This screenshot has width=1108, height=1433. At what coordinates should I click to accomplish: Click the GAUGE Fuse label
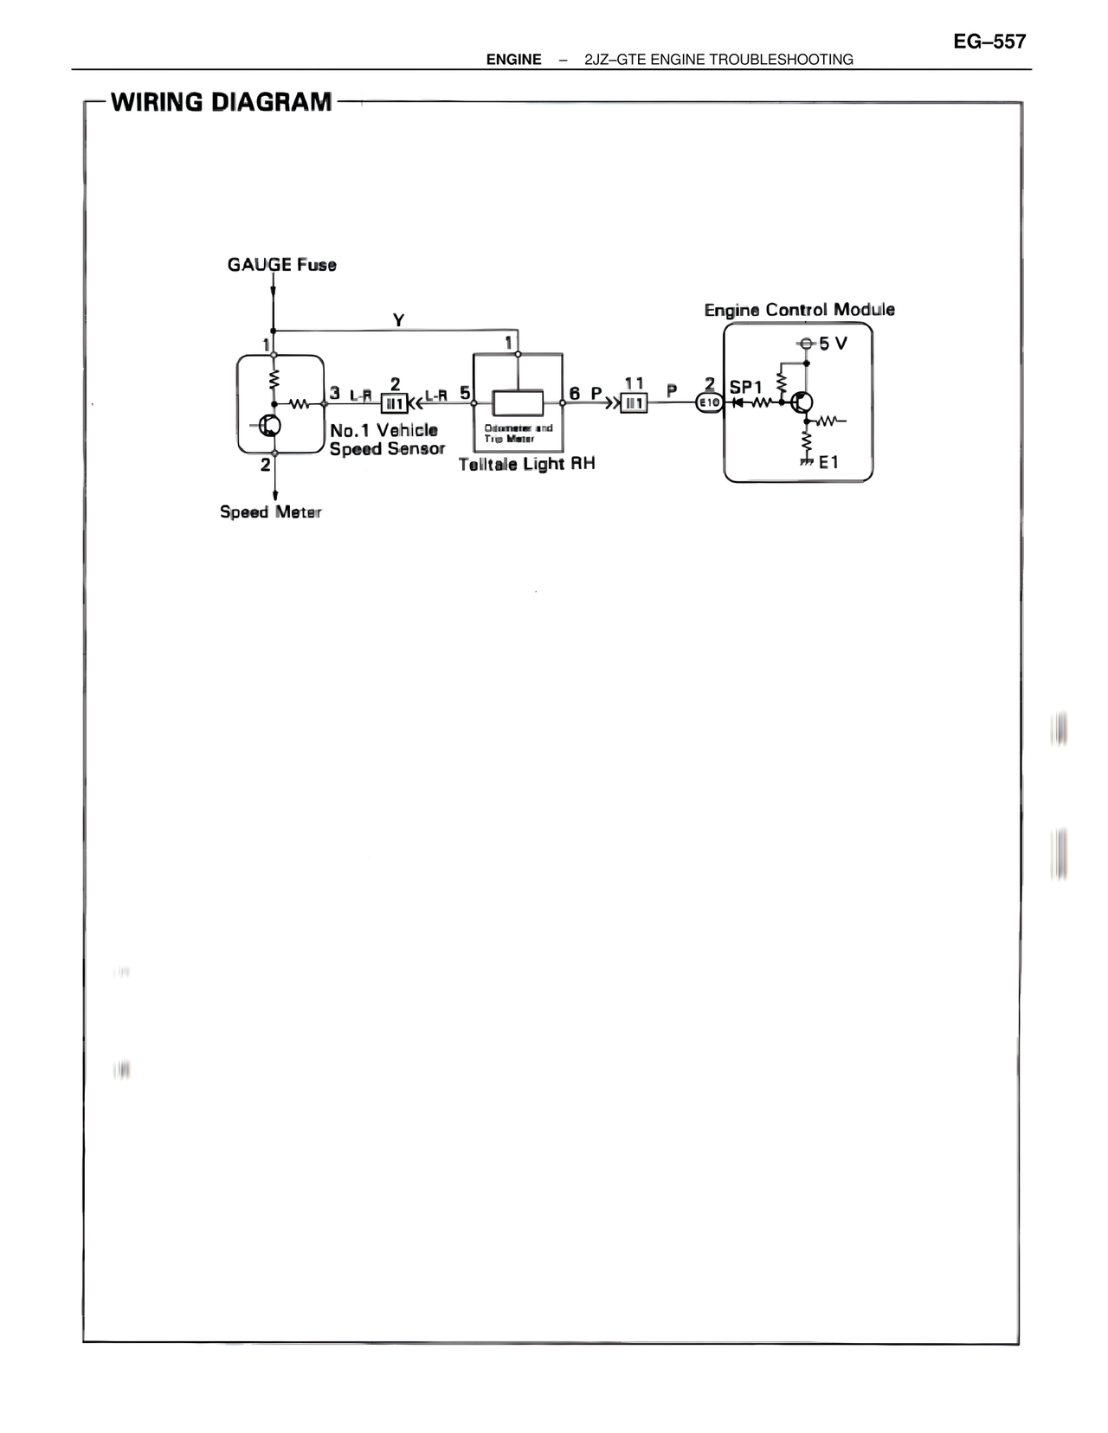[x=281, y=265]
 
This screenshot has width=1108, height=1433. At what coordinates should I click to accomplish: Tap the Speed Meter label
[x=270, y=512]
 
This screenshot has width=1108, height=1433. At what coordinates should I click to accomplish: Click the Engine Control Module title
[x=799, y=310]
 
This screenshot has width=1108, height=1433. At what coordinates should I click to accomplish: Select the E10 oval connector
[x=710, y=402]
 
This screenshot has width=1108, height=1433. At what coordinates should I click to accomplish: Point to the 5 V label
[x=833, y=344]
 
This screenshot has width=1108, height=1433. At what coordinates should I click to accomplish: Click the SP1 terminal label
[x=746, y=387]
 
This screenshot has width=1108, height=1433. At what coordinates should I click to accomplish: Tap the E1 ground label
[x=828, y=462]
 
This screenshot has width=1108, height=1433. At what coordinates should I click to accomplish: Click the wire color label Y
[x=398, y=320]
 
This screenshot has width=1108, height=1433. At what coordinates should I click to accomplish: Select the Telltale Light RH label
[x=526, y=465]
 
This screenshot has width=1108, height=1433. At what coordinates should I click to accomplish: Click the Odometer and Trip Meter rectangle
[x=518, y=403]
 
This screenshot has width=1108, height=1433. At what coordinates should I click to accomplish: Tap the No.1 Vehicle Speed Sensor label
[x=386, y=440]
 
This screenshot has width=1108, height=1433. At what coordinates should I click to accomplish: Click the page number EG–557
[x=989, y=42]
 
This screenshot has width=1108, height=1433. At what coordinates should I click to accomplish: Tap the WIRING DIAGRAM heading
[x=222, y=102]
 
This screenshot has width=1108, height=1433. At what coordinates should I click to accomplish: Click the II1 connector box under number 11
[x=634, y=403]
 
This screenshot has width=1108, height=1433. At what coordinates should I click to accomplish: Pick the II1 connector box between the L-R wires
[x=395, y=403]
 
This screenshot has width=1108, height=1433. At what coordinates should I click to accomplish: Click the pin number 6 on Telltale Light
[x=574, y=393]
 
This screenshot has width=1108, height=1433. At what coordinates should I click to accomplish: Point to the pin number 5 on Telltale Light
[x=465, y=393]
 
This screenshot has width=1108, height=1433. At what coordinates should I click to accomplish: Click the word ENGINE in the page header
[x=513, y=60]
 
